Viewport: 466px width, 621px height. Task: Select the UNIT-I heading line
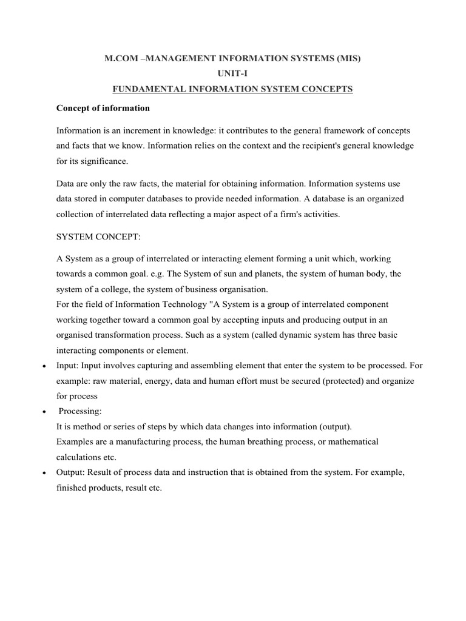coord(233,74)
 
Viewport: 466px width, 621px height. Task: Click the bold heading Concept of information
coord(103,109)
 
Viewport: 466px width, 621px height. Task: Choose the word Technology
coord(187,304)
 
